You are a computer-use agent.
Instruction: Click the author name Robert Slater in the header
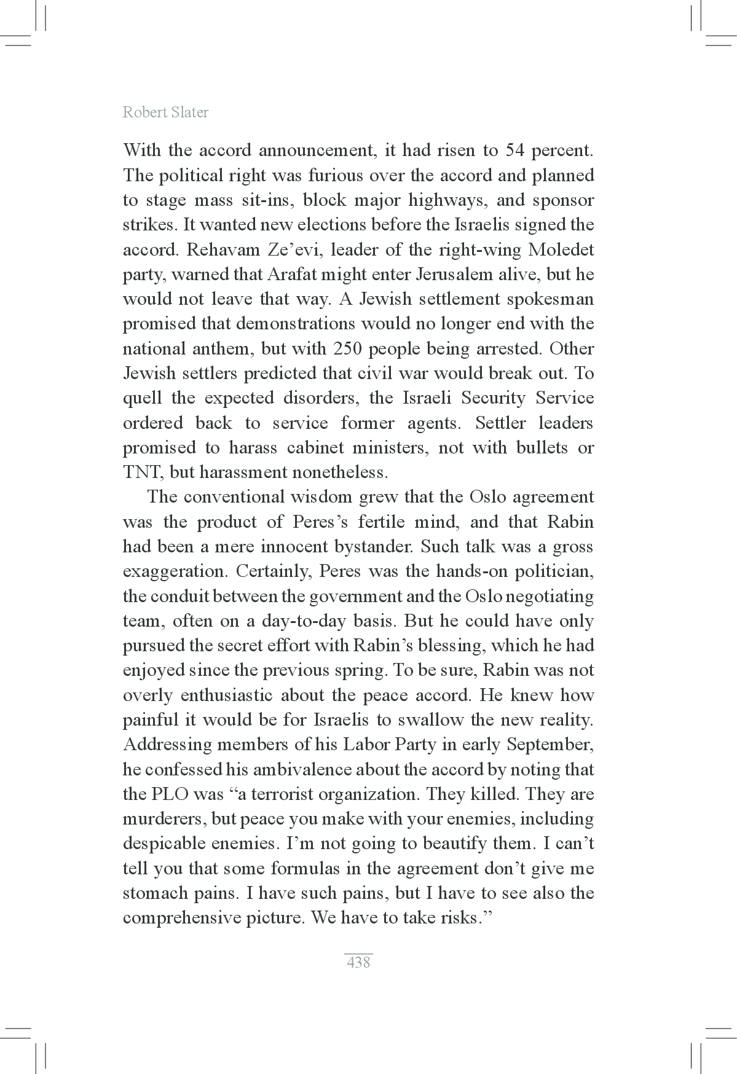(165, 112)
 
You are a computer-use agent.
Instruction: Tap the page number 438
(358, 962)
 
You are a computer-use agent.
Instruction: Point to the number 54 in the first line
(514, 151)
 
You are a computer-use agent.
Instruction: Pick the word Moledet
(562, 250)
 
